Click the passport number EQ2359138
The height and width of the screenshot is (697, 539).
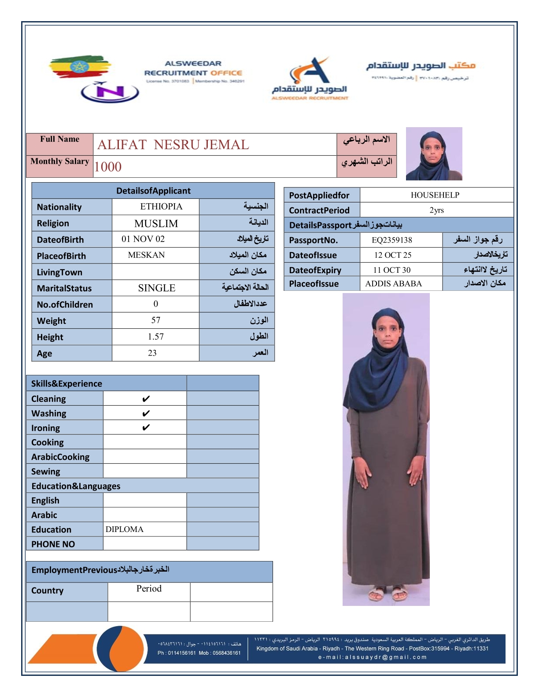point(392,240)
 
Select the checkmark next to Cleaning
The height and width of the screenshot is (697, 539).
point(146,399)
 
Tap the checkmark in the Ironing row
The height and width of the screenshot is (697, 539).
point(146,428)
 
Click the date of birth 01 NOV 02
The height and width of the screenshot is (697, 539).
point(143,239)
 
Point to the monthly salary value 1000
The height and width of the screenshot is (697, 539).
point(108,167)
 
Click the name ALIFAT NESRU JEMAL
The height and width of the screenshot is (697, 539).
point(173,145)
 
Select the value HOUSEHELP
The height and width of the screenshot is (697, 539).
point(435,195)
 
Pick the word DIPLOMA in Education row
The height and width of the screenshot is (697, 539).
point(125,529)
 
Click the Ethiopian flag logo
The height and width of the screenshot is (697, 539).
point(79,67)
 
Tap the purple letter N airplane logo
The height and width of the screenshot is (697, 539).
point(110,92)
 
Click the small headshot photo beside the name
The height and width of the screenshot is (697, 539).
point(434,154)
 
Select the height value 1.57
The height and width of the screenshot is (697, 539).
point(155,337)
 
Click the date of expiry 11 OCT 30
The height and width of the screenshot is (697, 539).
point(392,270)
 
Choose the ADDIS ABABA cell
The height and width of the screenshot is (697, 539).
point(394,283)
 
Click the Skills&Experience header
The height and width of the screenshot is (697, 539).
point(66,383)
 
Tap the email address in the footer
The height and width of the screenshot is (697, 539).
point(373,657)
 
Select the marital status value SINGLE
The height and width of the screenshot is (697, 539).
point(156,288)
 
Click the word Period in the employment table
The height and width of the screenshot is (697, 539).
point(149,589)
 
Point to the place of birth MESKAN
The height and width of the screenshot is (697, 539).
point(146,255)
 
